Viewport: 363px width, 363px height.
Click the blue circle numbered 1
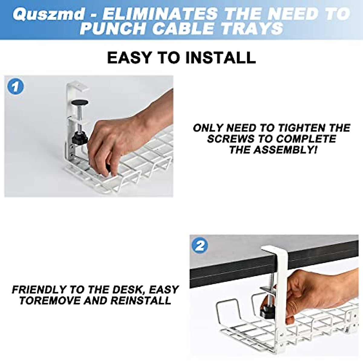[x=15, y=87]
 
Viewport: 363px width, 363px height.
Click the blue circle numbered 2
[x=200, y=246]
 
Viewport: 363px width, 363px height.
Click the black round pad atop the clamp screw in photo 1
[x=80, y=103]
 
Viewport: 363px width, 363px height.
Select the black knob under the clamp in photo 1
[x=80, y=139]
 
